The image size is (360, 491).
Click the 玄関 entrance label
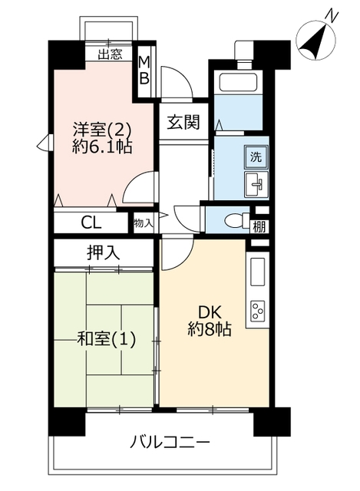click(x=183, y=122)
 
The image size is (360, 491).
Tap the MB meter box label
click(x=144, y=71)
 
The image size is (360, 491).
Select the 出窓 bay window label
click(x=110, y=54)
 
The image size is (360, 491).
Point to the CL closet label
click(x=91, y=223)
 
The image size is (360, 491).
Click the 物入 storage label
click(x=144, y=223)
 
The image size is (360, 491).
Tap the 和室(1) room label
click(x=107, y=339)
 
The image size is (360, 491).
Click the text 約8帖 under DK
click(x=210, y=329)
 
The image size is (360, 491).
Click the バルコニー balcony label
click(x=170, y=443)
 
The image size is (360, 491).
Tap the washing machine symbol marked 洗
click(x=256, y=157)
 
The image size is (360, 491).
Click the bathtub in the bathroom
click(x=238, y=82)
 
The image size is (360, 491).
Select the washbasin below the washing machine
click(x=256, y=184)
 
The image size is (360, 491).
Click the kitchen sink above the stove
click(x=258, y=272)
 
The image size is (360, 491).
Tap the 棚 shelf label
click(x=259, y=226)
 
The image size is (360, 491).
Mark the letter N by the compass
click(x=332, y=16)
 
